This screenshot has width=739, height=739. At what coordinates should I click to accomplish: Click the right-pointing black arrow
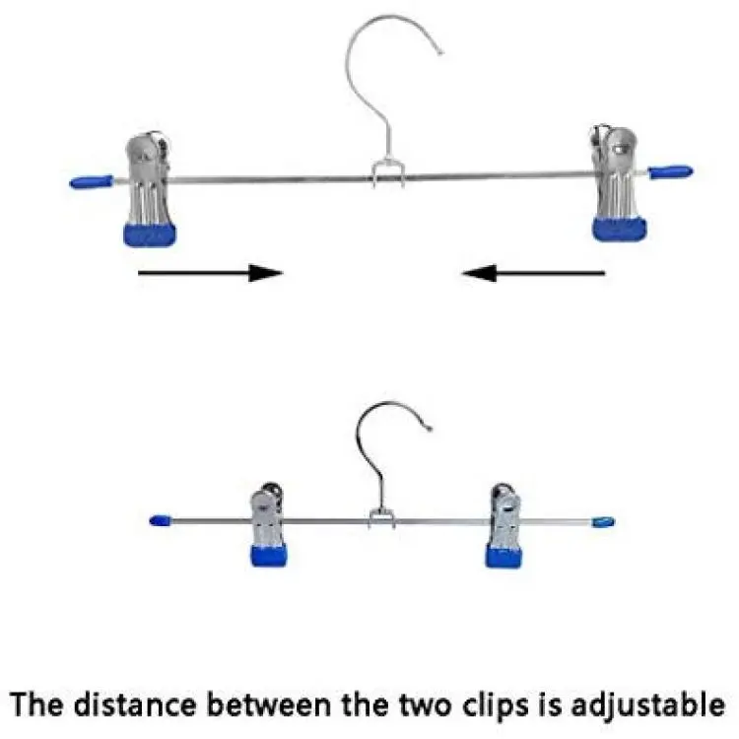coord(210,272)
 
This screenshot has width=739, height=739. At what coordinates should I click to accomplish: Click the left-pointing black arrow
coord(533,272)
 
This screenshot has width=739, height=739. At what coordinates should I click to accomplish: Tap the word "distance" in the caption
coord(135,705)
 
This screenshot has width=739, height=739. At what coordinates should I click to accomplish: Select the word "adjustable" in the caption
coord(648,706)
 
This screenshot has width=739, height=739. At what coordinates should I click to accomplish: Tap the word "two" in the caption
coord(425,705)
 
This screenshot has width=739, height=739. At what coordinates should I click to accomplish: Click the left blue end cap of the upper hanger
coord(92,181)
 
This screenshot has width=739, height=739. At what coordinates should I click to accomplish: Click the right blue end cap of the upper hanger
coord(671,171)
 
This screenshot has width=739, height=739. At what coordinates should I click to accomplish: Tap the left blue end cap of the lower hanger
coord(161,521)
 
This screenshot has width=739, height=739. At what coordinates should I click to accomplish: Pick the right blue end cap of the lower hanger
coord(604,521)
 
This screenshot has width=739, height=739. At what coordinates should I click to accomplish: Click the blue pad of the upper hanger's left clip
coord(150,235)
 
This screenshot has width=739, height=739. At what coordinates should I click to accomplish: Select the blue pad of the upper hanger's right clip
coord(620,229)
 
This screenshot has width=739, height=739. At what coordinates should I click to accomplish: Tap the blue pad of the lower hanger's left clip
coord(269,555)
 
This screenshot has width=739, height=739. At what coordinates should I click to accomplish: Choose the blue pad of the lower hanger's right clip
coord(504,556)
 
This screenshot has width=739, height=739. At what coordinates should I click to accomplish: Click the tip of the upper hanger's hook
coord(440,53)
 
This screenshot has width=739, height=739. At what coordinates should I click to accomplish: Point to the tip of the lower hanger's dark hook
coord(429,429)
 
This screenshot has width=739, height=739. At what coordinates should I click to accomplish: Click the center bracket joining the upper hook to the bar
coord(388,173)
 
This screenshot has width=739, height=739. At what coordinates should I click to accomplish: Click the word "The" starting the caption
coord(36,705)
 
